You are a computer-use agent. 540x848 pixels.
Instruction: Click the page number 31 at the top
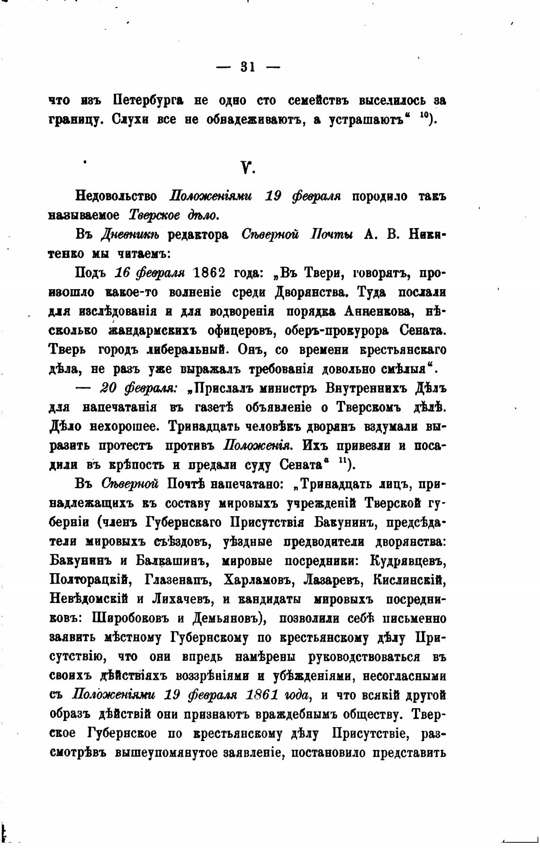click(248, 67)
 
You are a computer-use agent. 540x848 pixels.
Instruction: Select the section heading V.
click(246, 167)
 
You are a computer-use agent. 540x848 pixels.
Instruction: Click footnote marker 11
click(342, 460)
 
